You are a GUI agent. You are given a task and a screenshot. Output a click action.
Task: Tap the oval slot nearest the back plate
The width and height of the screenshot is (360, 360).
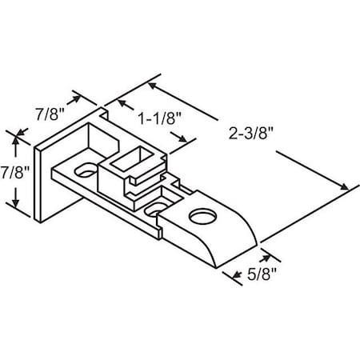click(83, 170)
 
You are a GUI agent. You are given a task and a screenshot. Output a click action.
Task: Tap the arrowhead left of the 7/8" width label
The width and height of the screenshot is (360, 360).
click(80, 97)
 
